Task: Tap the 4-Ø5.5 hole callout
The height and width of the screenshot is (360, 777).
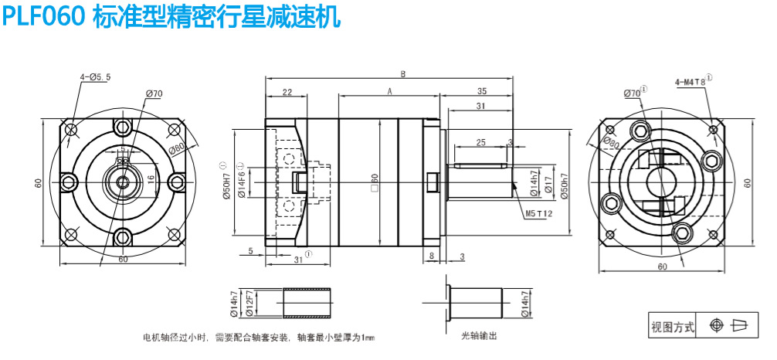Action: [x=96, y=76]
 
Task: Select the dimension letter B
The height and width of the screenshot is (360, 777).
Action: [x=403, y=74]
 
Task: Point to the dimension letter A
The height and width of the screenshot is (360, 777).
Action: [x=391, y=91]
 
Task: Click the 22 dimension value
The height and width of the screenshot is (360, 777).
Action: [x=287, y=92]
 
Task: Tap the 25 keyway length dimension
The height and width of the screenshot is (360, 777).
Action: [x=480, y=143]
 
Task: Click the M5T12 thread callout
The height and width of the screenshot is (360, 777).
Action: [x=540, y=212]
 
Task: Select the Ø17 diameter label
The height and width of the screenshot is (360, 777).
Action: [x=545, y=185]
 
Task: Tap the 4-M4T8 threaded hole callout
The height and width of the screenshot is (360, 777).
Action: [x=691, y=80]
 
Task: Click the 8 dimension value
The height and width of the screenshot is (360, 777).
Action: [x=431, y=255]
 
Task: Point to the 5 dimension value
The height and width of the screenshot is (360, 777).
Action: [x=251, y=251]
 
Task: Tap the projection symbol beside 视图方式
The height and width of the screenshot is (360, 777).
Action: [x=730, y=326]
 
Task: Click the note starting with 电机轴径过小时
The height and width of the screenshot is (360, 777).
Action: [x=258, y=338]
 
